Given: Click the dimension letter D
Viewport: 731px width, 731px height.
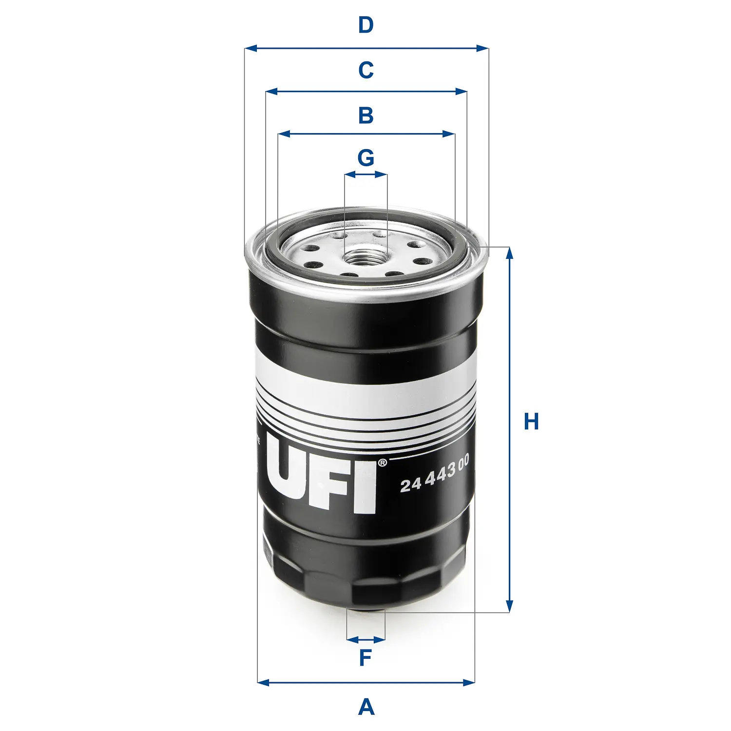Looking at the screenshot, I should coord(365,25).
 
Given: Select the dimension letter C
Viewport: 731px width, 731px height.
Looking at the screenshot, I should coord(365,70).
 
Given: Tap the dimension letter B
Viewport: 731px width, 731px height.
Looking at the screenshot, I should coord(365,115).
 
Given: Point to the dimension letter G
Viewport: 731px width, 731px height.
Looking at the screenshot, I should coord(365,158).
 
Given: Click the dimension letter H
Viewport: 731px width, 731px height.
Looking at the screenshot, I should coord(531,422).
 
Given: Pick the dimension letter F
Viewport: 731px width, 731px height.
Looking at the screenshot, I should coord(365,658).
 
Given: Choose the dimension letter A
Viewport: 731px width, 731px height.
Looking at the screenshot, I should coord(366,707).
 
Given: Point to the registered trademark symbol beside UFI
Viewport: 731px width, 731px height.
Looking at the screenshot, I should coord(382,462).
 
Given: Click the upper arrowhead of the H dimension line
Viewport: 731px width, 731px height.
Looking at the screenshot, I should coord(510,252).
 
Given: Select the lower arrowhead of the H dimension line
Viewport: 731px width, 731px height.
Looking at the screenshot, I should coord(510,607).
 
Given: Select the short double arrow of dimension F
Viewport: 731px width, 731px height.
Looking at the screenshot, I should coord(365,639).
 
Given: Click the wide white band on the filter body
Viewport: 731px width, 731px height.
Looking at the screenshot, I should coord(365,385).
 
